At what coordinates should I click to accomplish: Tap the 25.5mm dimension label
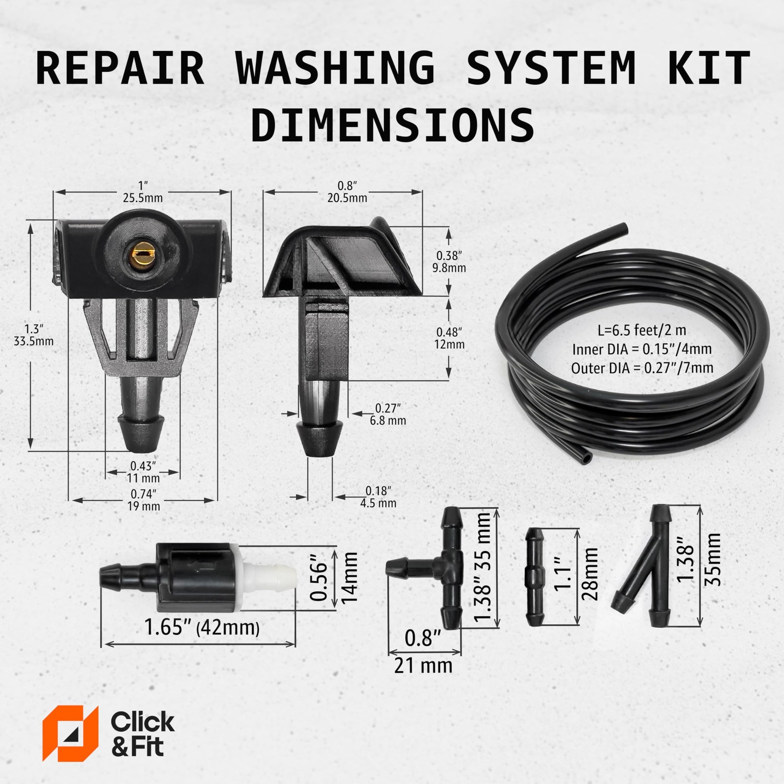pos(143,198)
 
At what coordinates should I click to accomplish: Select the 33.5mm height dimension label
pos(33,341)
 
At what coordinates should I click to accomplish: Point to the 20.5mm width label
pos(347,198)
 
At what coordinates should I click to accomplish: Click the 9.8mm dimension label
pos(450,268)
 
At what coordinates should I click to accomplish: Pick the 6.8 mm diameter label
pos(388,420)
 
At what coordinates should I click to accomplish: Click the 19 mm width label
pos(144,506)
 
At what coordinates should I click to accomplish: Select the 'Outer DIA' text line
pos(642,367)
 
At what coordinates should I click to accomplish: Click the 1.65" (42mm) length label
pos(201,628)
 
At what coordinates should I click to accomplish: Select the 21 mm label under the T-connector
pos(423,666)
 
